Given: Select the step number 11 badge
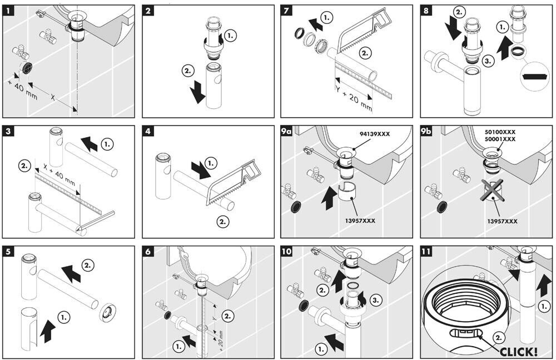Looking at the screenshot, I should click(427, 252).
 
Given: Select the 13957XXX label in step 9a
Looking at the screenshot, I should click(360, 221).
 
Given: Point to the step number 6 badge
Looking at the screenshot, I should click(148, 252).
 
